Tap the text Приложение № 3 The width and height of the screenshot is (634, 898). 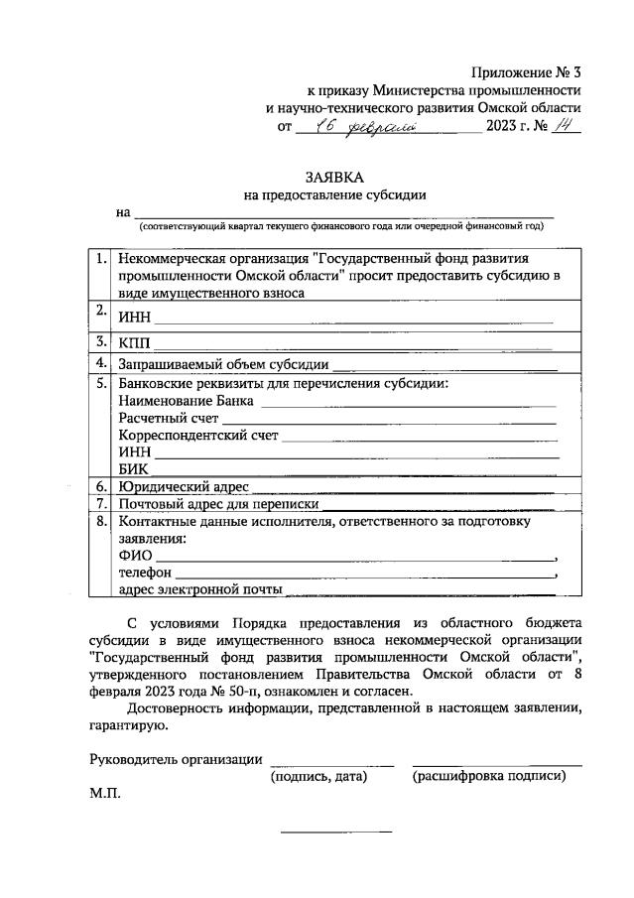click(525, 71)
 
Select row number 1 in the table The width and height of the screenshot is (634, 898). click(101, 259)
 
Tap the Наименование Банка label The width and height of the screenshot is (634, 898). click(186, 402)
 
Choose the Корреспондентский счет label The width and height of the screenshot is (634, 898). click(197, 436)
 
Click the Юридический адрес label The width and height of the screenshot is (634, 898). click(184, 487)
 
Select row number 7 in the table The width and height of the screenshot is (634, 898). click(101, 504)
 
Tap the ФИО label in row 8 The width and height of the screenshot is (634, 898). click(135, 556)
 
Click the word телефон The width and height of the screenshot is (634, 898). click(145, 573)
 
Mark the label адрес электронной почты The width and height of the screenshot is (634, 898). click(198, 589)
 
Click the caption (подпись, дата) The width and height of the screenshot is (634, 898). click(318, 775)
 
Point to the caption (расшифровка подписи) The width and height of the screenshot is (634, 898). click(489, 775)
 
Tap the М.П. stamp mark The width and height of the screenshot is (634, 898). click(104, 794)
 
